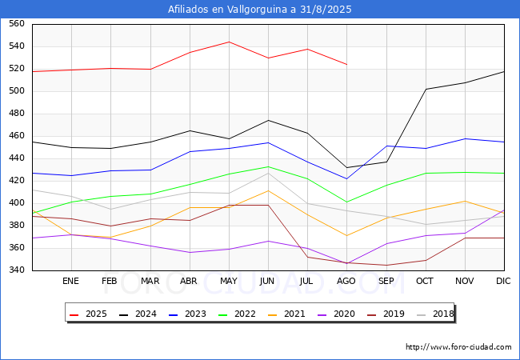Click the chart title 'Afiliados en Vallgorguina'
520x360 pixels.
[x=260, y=10]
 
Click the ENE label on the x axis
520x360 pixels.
[x=71, y=282]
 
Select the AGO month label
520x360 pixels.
[x=346, y=282]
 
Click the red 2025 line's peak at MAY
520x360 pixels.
[x=229, y=42]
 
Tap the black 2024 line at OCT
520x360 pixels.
[x=426, y=89]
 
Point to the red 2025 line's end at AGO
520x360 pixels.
[x=346, y=64]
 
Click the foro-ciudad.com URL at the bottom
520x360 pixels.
[x=458, y=347]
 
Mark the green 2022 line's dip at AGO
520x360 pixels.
[x=346, y=202]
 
